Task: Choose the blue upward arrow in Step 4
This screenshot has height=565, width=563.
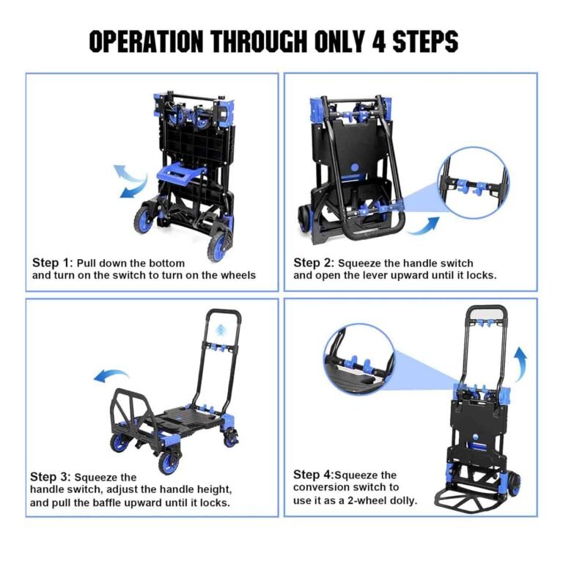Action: [520, 362]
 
